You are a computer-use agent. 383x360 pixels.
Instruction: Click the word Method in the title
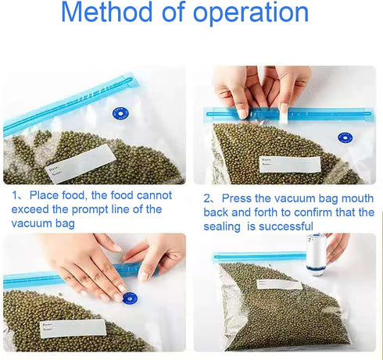(106, 12)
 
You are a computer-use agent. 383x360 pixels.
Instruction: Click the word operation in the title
(251, 14)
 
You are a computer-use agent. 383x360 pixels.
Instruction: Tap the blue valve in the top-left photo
(120, 113)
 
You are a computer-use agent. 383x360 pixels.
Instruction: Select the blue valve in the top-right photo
(345, 137)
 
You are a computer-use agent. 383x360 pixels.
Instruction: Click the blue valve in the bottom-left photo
(130, 298)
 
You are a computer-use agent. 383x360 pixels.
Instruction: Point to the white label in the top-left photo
(81, 163)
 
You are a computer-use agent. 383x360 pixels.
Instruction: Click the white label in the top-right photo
(290, 164)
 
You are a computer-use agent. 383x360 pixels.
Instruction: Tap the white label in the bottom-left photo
(73, 328)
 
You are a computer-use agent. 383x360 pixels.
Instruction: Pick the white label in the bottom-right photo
(279, 284)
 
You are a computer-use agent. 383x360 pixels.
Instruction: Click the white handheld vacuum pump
(317, 255)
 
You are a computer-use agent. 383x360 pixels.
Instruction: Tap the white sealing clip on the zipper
(284, 114)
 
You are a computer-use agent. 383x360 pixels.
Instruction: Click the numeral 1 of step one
(15, 195)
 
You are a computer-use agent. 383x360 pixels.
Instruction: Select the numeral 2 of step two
(207, 199)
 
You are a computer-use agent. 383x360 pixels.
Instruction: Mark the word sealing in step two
(222, 227)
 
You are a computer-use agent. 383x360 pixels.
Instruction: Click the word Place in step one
(44, 195)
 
